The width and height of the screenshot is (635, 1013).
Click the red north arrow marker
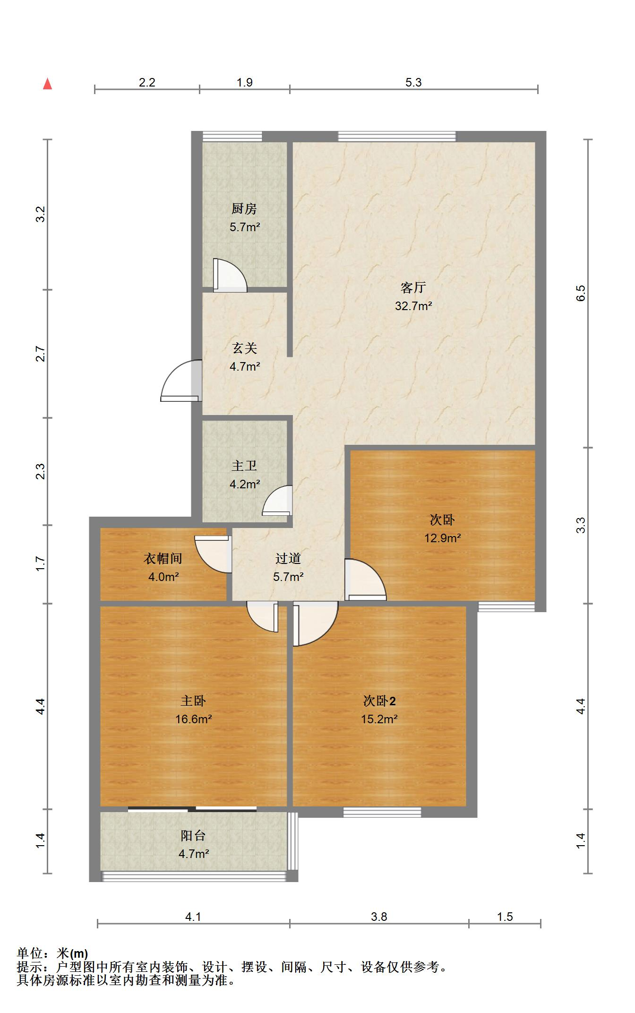point(47,84)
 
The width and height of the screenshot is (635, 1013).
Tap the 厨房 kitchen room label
point(244,208)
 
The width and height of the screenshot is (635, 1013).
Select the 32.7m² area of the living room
point(413,306)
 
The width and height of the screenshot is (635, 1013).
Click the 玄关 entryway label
point(245,348)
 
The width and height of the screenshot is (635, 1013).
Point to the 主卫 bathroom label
point(244,466)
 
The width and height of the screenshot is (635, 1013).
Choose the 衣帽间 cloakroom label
point(163,559)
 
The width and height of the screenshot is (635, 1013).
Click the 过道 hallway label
point(288,559)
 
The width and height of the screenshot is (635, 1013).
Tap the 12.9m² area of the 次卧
point(443,538)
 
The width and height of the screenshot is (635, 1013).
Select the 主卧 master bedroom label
point(193,701)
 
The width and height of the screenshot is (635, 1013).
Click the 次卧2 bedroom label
point(379,701)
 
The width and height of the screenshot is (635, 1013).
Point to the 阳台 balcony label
point(193,836)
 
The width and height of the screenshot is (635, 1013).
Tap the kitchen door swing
point(230,275)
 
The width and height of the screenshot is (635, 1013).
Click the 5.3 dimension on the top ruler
point(413,82)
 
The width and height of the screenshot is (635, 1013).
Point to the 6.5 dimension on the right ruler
point(581,293)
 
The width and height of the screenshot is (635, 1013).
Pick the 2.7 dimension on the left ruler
point(41,354)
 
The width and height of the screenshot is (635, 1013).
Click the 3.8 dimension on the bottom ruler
point(379,917)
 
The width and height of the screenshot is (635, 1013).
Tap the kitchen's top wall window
point(232,137)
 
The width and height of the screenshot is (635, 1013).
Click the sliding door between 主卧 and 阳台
point(192,809)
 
